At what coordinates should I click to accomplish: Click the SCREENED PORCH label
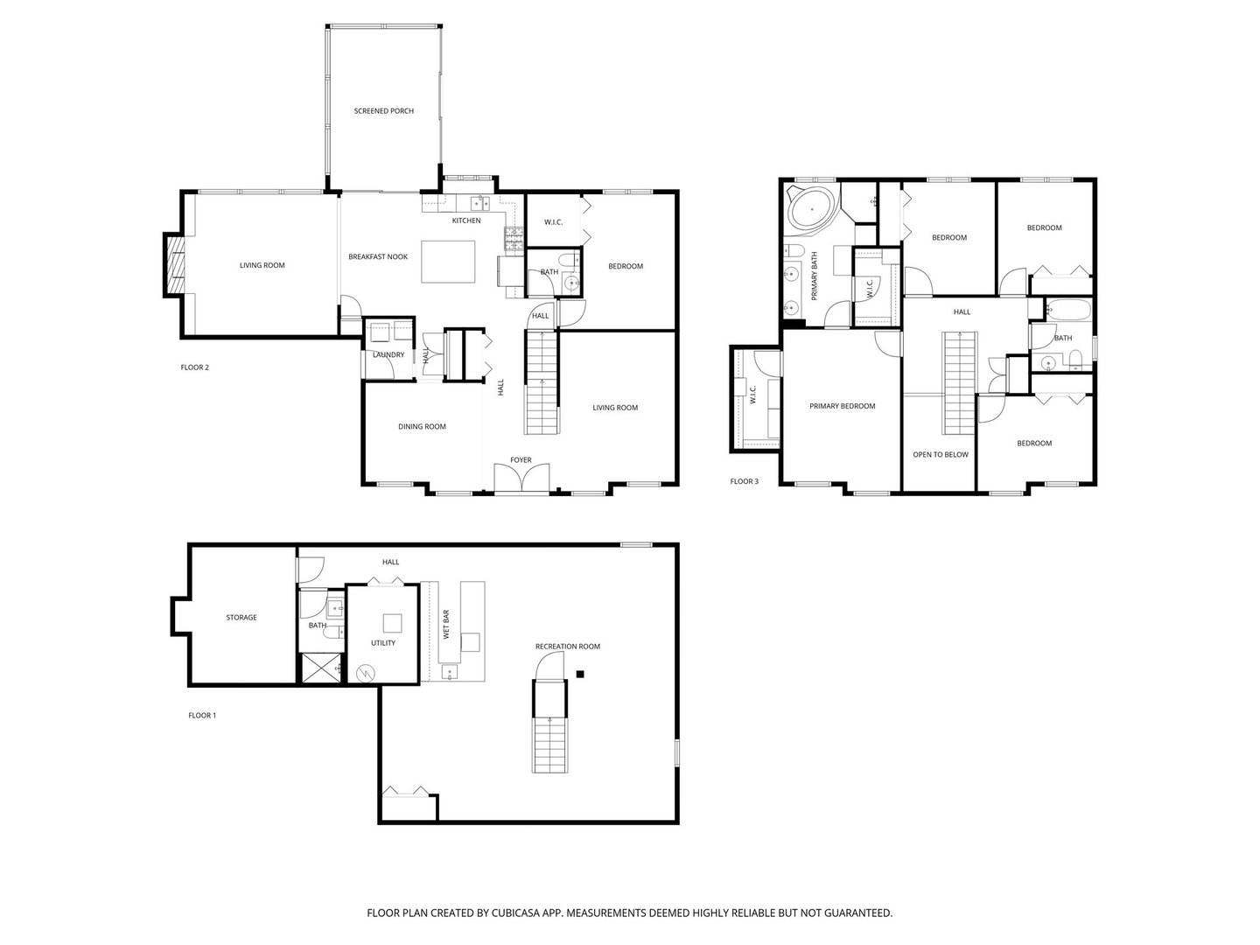(383, 111)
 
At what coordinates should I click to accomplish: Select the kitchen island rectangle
(450, 262)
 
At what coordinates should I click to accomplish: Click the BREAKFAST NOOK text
(378, 256)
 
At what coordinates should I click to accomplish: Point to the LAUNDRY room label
(388, 354)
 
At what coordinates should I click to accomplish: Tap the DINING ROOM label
(422, 427)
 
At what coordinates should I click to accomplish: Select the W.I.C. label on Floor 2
(553, 222)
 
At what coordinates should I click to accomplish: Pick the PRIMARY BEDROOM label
(842, 406)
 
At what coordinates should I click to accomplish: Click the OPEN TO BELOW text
(940, 455)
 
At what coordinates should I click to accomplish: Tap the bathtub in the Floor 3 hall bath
(1067, 311)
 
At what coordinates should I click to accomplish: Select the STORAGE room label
(241, 618)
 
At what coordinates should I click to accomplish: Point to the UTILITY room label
(382, 643)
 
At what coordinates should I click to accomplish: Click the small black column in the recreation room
(580, 673)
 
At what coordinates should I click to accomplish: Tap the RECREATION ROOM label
(568, 647)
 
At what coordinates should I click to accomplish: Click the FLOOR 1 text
(202, 716)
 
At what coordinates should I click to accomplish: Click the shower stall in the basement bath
(321, 668)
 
